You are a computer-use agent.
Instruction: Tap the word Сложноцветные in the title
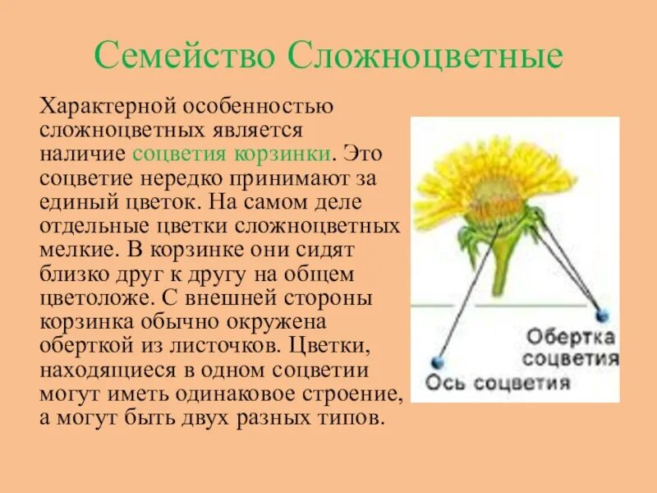[426, 55]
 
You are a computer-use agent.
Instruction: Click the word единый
[80, 200]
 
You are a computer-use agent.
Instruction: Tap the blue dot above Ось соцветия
[437, 362]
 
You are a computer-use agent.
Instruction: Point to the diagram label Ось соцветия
[498, 383]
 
